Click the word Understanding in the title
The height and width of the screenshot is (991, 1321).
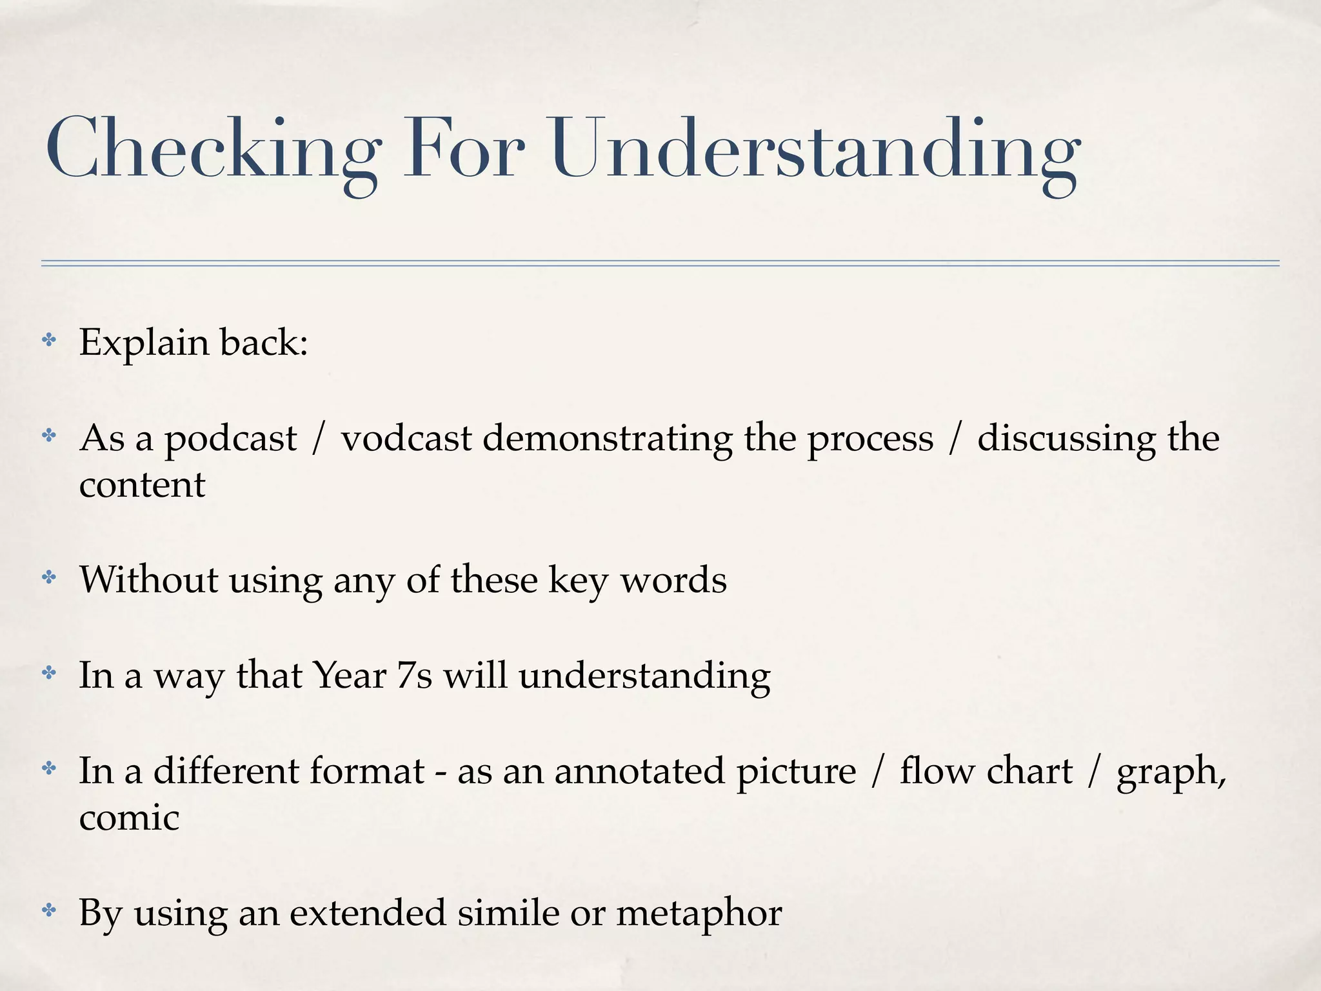tap(816, 148)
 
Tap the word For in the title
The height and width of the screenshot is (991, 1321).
tap(463, 148)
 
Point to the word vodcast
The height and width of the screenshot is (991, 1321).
tap(406, 439)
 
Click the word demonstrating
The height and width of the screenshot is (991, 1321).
tap(608, 439)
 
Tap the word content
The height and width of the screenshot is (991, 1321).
tap(142, 485)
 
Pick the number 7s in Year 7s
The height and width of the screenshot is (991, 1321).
tap(414, 676)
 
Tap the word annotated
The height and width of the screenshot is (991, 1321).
tap(640, 772)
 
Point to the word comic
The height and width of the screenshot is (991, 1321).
tap(129, 818)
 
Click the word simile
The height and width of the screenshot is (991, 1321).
tap(508, 913)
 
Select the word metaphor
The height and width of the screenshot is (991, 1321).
tap(699, 914)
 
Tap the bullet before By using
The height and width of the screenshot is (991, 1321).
tap(49, 910)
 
